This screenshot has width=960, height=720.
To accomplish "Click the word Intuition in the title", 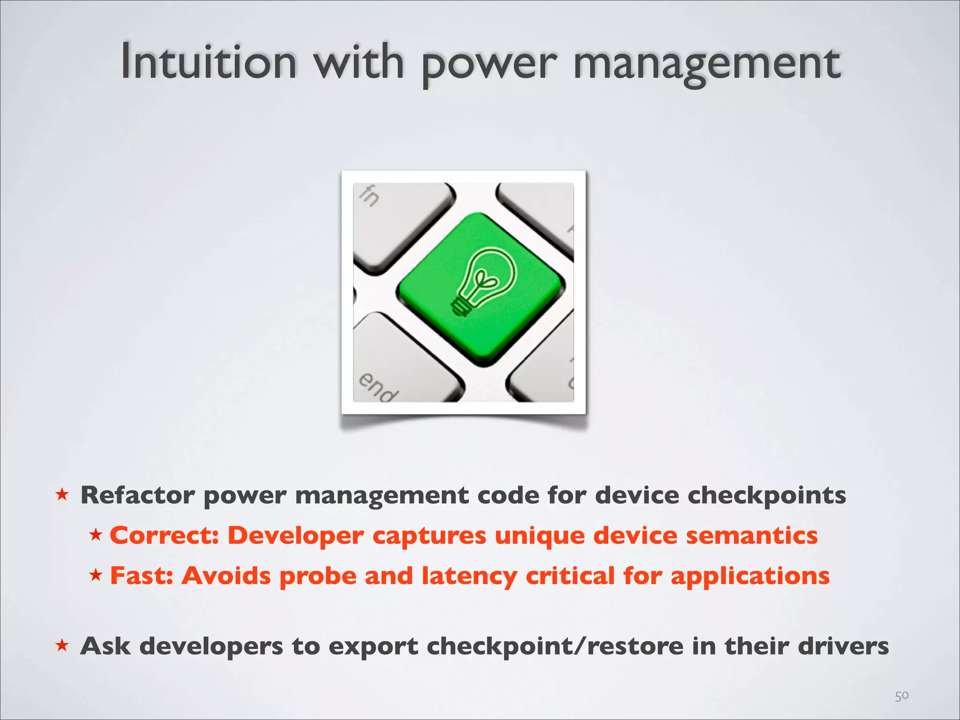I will tap(209, 62).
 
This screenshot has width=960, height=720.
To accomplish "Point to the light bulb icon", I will tap(483, 281).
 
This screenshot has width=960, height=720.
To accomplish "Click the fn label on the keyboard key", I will tap(369, 195).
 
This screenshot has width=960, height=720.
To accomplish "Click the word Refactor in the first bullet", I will tap(137, 495).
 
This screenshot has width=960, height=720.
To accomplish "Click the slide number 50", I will tap(901, 696).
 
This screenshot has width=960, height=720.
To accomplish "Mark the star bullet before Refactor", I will tap(62, 495).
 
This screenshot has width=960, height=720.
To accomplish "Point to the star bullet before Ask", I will tap(62, 645).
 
